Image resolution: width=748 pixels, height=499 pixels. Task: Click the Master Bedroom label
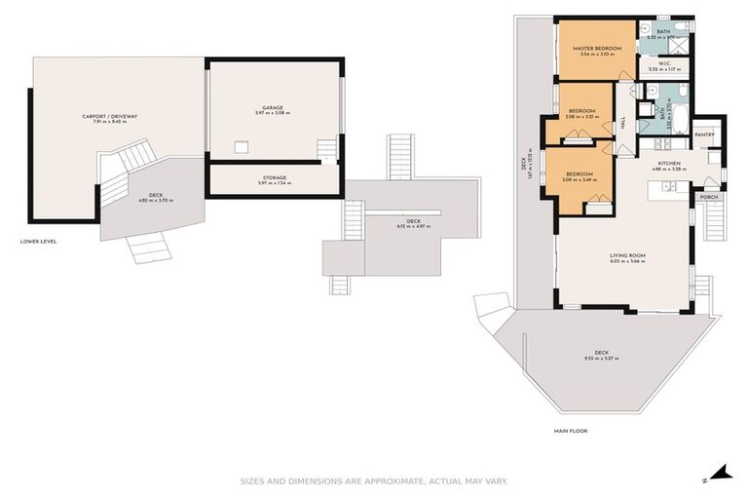coord(598,48)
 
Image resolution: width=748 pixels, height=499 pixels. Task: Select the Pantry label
coord(705,134)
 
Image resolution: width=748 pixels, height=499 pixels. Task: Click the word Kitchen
coord(668,163)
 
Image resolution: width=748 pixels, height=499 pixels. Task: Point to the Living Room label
coord(627,255)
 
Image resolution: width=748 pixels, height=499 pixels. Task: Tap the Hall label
coord(623,124)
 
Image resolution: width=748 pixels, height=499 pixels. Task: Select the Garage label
coord(273,107)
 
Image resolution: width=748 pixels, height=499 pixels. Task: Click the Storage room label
coord(273,177)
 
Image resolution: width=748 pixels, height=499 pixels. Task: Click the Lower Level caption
coord(38,241)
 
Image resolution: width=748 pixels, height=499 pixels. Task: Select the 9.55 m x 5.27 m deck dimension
coord(601,359)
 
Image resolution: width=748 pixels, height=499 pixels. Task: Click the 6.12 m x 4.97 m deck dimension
coord(413,226)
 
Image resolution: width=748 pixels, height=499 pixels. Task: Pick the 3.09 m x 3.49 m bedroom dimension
coord(580,180)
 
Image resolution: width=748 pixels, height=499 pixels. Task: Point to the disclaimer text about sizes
coord(373,480)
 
